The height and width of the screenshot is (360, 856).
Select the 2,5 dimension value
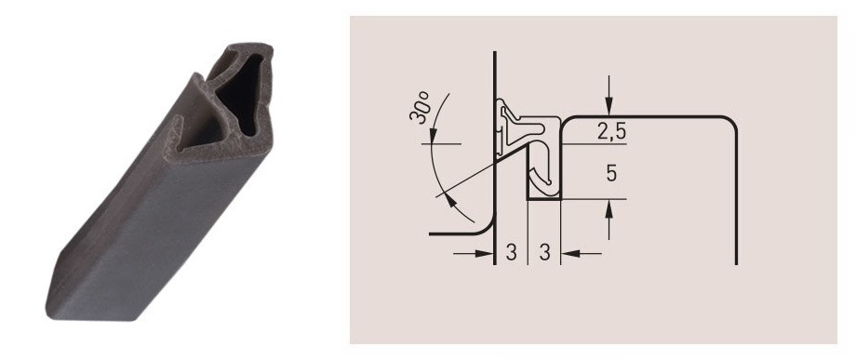coord(611,132)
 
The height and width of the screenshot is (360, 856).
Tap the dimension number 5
coord(611,173)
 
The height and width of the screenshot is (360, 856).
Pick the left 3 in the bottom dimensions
coord(511,252)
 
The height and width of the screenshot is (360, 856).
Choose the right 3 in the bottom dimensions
coord(544,252)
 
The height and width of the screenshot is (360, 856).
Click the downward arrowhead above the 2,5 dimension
coord(609,106)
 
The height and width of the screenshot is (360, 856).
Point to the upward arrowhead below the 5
coord(609,209)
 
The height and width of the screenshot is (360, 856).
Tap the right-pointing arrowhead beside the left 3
coord(485,253)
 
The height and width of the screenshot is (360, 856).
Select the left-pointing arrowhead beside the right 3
coord(570,253)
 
